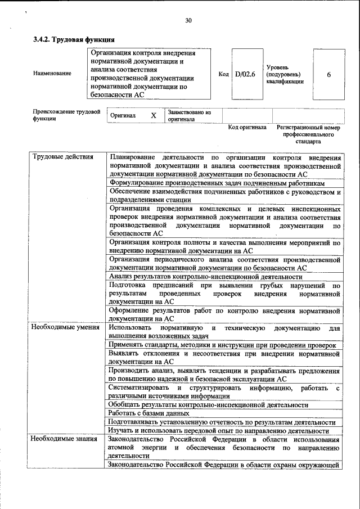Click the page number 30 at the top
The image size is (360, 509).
point(188,21)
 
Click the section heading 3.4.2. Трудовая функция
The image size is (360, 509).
point(74,40)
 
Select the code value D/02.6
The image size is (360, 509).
point(245,74)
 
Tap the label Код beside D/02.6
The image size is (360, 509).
point(223,74)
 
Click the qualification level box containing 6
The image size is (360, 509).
point(328,74)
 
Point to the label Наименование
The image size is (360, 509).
point(52,74)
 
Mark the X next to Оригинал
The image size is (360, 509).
point(154,115)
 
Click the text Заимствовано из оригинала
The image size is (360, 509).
point(188,115)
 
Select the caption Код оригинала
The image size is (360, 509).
point(247,128)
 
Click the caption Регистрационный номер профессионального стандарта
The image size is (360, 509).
point(309,135)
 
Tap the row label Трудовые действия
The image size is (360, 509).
point(62,156)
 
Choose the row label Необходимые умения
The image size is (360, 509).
point(65,327)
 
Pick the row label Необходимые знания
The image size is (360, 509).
point(64,439)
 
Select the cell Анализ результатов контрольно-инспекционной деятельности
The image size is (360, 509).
point(206,277)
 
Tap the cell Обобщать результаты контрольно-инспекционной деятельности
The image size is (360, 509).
point(208,404)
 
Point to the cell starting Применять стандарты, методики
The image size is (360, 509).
point(222,345)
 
